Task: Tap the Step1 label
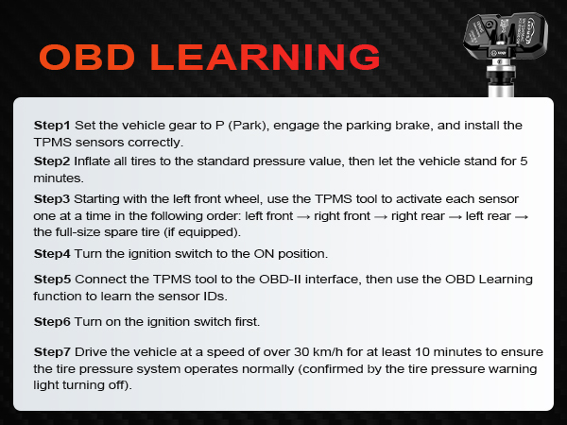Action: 52,126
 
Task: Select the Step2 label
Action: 52,161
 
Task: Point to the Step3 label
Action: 52,199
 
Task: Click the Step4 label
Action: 52,254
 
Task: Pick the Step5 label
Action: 52,280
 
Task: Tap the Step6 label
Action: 52,323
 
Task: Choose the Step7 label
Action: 52,352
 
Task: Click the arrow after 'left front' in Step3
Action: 302,216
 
